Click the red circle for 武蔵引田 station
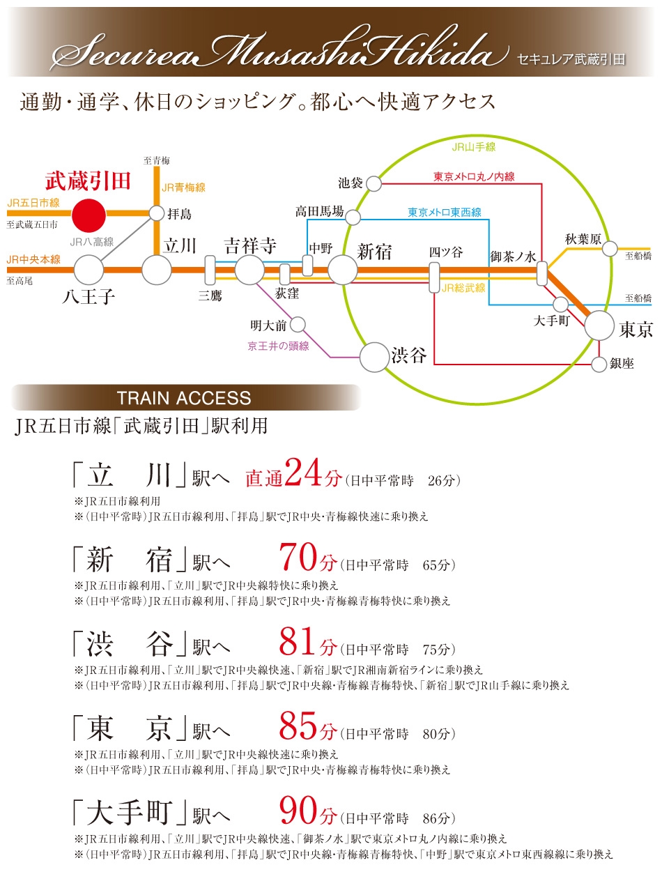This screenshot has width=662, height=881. coord(89,215)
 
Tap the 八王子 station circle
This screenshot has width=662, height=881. coord(88,270)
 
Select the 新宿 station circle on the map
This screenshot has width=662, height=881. coord(342,270)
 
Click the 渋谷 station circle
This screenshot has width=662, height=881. coord(374,357)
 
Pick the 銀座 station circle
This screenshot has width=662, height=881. coord(599,364)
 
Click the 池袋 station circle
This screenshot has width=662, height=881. coord(374,183)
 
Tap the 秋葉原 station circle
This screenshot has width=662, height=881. coord(610,248)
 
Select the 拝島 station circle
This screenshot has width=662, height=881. coord(157,213)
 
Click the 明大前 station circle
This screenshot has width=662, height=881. coord(298,324)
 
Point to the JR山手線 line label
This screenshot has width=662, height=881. coord(473,147)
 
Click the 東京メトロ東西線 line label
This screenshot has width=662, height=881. coord(445,212)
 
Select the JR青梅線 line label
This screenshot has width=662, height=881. coord(183,187)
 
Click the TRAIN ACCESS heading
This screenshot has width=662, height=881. coord(184,398)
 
